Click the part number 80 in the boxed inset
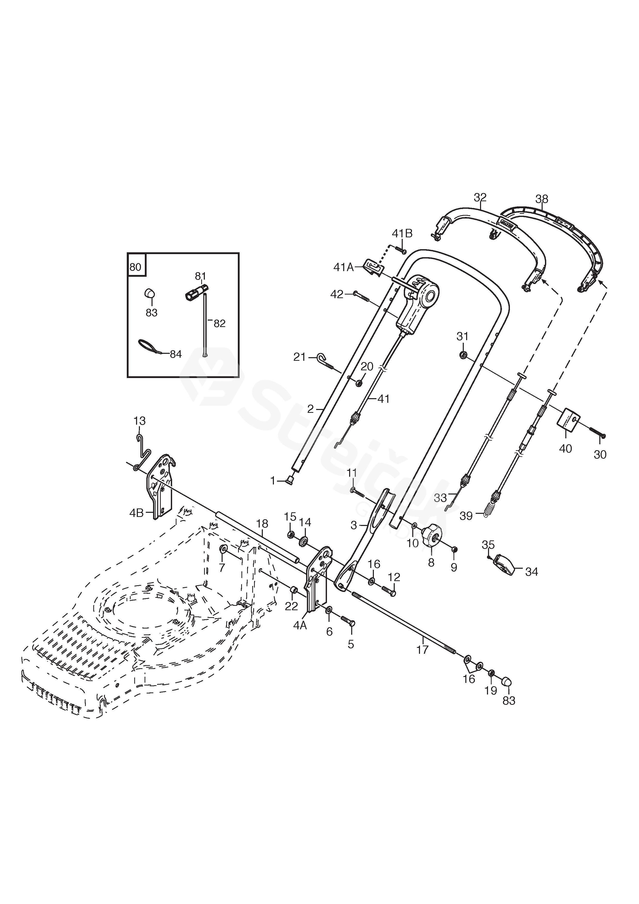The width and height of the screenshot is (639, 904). click(x=135, y=267)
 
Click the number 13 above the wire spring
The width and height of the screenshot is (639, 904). click(x=139, y=421)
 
